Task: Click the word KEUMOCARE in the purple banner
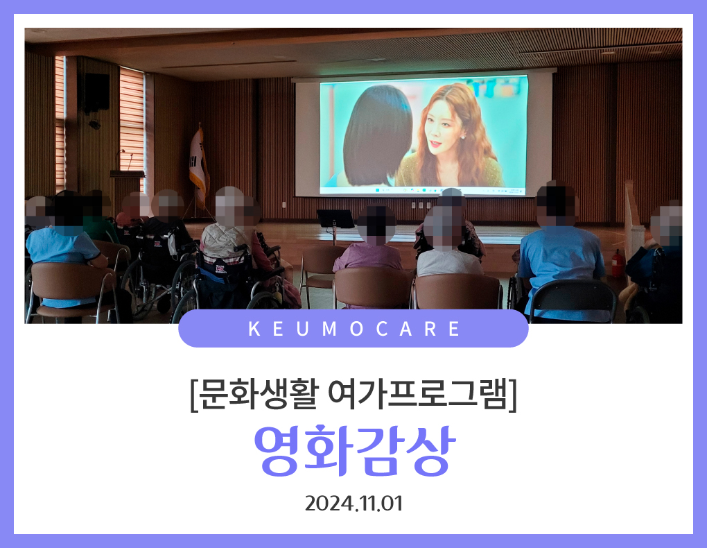[353, 329]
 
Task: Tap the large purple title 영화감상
[354, 450]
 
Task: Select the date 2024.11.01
[353, 504]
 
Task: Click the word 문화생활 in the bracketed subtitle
[259, 394]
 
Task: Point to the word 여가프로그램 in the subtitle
[417, 394]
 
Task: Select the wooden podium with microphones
[128, 185]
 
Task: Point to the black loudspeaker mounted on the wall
[96, 93]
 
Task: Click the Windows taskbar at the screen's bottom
[424, 191]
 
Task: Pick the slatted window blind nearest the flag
[132, 123]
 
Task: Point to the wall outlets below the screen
[421, 205]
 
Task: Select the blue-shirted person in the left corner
[63, 252]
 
